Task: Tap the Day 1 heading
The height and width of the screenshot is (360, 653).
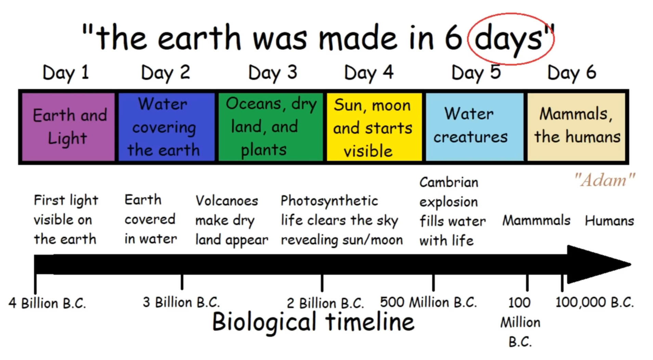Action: click(66, 73)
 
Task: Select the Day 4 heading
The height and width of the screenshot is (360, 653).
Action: click(369, 73)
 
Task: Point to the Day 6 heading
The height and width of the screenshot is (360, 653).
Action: click(572, 73)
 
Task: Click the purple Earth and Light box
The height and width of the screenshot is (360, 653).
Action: click(68, 127)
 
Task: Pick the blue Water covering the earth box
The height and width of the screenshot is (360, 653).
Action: click(167, 127)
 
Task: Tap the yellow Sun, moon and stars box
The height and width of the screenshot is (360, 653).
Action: click(374, 127)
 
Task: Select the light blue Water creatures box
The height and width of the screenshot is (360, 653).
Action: click(475, 127)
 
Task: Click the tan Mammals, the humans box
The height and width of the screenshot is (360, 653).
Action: click(576, 127)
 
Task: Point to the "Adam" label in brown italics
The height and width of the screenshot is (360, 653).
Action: click(604, 180)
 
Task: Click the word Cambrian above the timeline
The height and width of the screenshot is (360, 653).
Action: click(449, 183)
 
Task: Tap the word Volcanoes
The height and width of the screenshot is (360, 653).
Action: click(227, 201)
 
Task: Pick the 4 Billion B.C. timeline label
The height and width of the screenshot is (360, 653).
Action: click(47, 303)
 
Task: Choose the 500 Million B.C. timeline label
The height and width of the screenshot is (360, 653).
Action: click(428, 303)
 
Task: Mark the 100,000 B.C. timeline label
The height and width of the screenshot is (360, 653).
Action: click(595, 303)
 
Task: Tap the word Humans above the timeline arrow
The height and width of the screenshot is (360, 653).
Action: click(609, 221)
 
